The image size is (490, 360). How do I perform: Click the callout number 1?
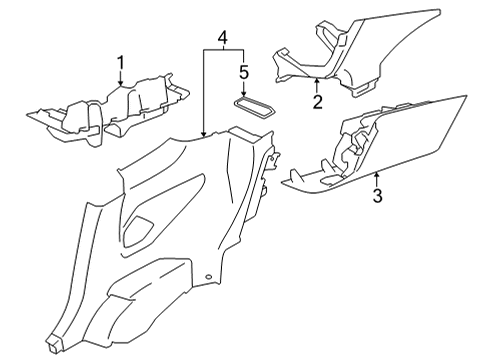[x=121, y=63]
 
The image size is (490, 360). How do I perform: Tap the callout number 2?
[x=318, y=102]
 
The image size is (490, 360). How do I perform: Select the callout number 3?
[x=377, y=196]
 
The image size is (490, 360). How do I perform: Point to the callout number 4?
[x=223, y=37]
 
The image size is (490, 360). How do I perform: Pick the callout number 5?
[x=244, y=72]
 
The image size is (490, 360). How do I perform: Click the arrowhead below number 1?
[x=121, y=83]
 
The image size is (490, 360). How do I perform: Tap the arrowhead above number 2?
[x=317, y=79]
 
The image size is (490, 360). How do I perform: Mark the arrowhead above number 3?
[x=377, y=174]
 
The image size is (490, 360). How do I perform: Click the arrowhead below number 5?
[x=244, y=94]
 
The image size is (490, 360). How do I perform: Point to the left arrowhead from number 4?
[x=204, y=134]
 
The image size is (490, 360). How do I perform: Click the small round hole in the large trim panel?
[x=209, y=277]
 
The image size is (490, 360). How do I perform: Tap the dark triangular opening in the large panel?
[x=137, y=231]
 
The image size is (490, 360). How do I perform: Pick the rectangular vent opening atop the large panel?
[x=243, y=134]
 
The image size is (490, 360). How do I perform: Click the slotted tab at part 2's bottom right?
[x=365, y=88]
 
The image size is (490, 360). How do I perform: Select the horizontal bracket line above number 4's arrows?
[x=224, y=50]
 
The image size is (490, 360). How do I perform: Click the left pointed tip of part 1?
[x=27, y=115]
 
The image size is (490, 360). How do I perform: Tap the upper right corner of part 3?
[x=466, y=95]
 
